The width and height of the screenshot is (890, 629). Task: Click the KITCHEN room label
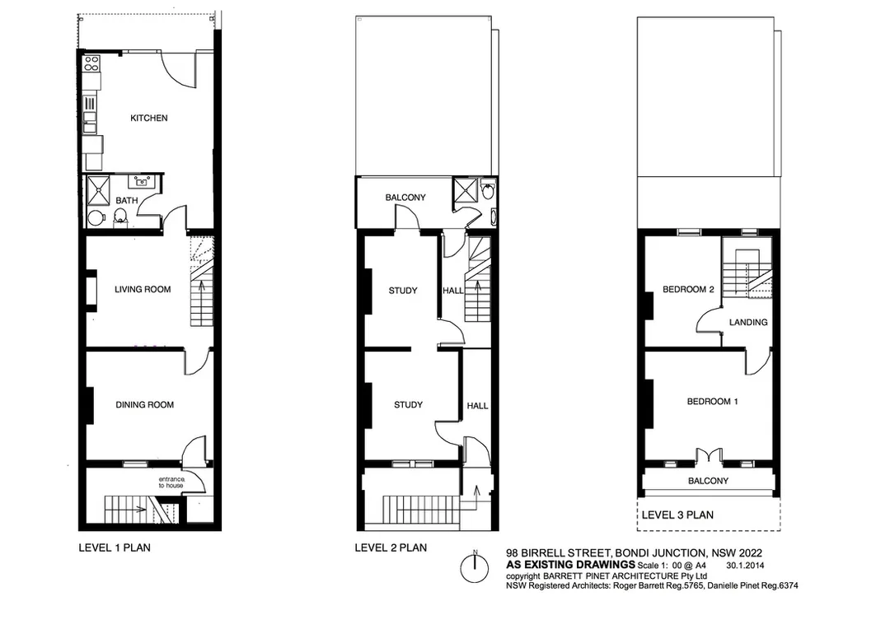148,118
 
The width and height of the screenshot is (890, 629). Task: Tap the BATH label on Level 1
127,200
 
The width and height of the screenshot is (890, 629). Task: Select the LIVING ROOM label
143,289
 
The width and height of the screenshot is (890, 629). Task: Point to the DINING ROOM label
145,405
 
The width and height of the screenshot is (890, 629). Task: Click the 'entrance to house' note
171,482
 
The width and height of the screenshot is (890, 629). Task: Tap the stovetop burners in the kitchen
91,63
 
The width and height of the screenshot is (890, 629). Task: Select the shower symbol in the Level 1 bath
98,190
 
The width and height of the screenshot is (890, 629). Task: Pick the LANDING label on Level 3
748,322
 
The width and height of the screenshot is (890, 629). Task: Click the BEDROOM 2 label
688,289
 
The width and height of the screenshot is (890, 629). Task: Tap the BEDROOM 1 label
712,402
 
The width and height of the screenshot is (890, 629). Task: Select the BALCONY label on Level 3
708,481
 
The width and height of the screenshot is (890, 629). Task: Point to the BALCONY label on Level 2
405,198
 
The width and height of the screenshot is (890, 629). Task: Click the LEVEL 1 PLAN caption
115,547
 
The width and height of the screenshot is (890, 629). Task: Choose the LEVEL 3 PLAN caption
677,515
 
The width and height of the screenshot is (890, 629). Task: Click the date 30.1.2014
745,566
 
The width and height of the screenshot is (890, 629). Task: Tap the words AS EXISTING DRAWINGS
570,565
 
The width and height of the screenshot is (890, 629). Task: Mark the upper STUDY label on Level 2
403,291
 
